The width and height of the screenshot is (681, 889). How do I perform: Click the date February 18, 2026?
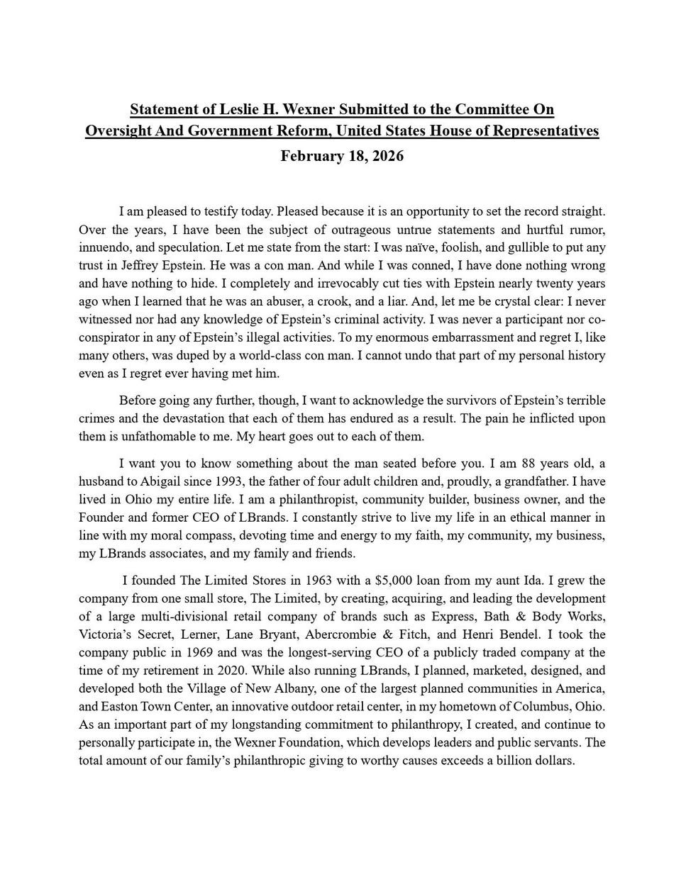click(x=342, y=156)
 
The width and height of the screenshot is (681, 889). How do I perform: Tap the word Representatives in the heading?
click(x=544, y=131)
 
